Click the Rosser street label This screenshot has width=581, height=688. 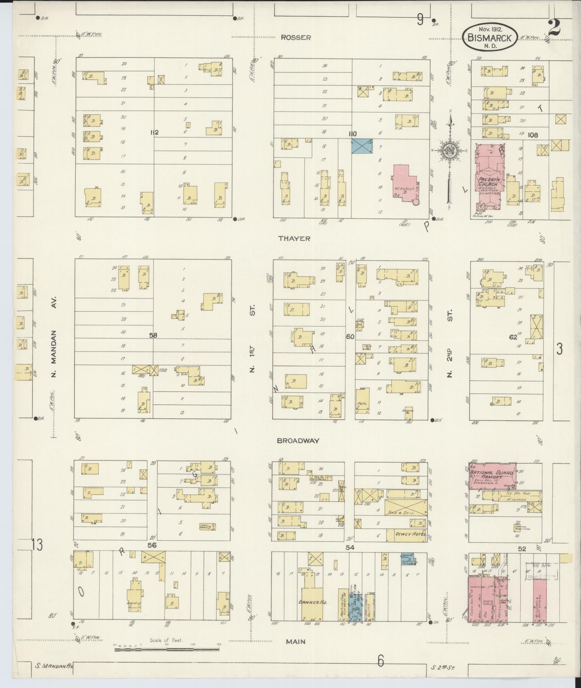pyautogui.click(x=295, y=37)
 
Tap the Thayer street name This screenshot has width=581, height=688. pyautogui.click(x=295, y=238)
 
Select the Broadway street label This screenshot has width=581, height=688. pyautogui.click(x=298, y=441)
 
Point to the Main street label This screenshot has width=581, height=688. pyautogui.click(x=295, y=642)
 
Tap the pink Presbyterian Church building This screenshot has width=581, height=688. pyautogui.click(x=489, y=179)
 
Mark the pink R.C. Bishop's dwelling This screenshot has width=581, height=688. pyautogui.click(x=406, y=183)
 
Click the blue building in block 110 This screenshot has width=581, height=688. pyautogui.click(x=362, y=146)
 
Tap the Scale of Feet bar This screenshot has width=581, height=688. pyautogui.click(x=167, y=649)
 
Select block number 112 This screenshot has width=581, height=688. pyautogui.click(x=154, y=132)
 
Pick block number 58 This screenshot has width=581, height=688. pyautogui.click(x=153, y=335)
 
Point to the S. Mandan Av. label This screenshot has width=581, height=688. pyautogui.click(x=53, y=666)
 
